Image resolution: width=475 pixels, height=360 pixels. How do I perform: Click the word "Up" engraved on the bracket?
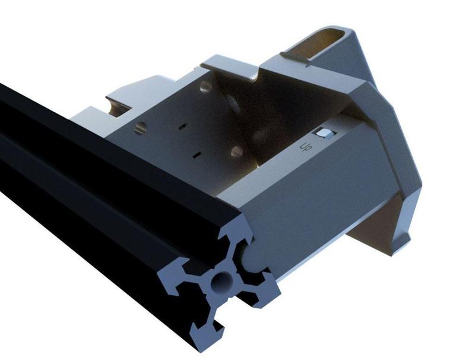click(x=306, y=146)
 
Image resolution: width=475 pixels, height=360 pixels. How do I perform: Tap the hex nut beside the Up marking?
click(x=324, y=133)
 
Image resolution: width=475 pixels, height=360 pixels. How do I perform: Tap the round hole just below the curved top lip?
click(x=205, y=87)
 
